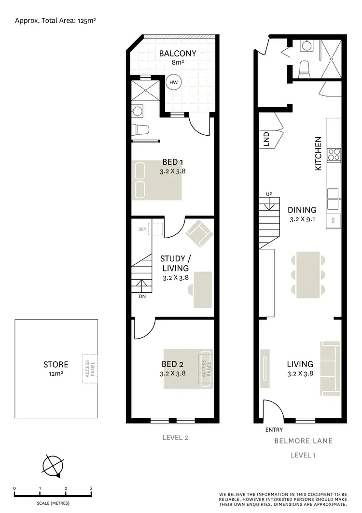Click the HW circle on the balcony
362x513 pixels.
pos(173,83)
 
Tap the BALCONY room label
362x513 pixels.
pos(178,53)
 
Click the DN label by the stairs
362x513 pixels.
pos(142,296)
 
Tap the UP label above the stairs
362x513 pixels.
pos(269,194)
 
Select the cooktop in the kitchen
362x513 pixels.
pos(334,154)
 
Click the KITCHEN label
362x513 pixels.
pos(318,153)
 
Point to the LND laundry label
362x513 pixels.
pos(266,140)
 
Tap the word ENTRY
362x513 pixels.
pos(274,429)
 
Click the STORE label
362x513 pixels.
pos(56,364)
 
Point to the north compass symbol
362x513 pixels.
pos(54,466)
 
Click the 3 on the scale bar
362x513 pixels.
pos(91,488)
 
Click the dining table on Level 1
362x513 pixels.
pos(307,274)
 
